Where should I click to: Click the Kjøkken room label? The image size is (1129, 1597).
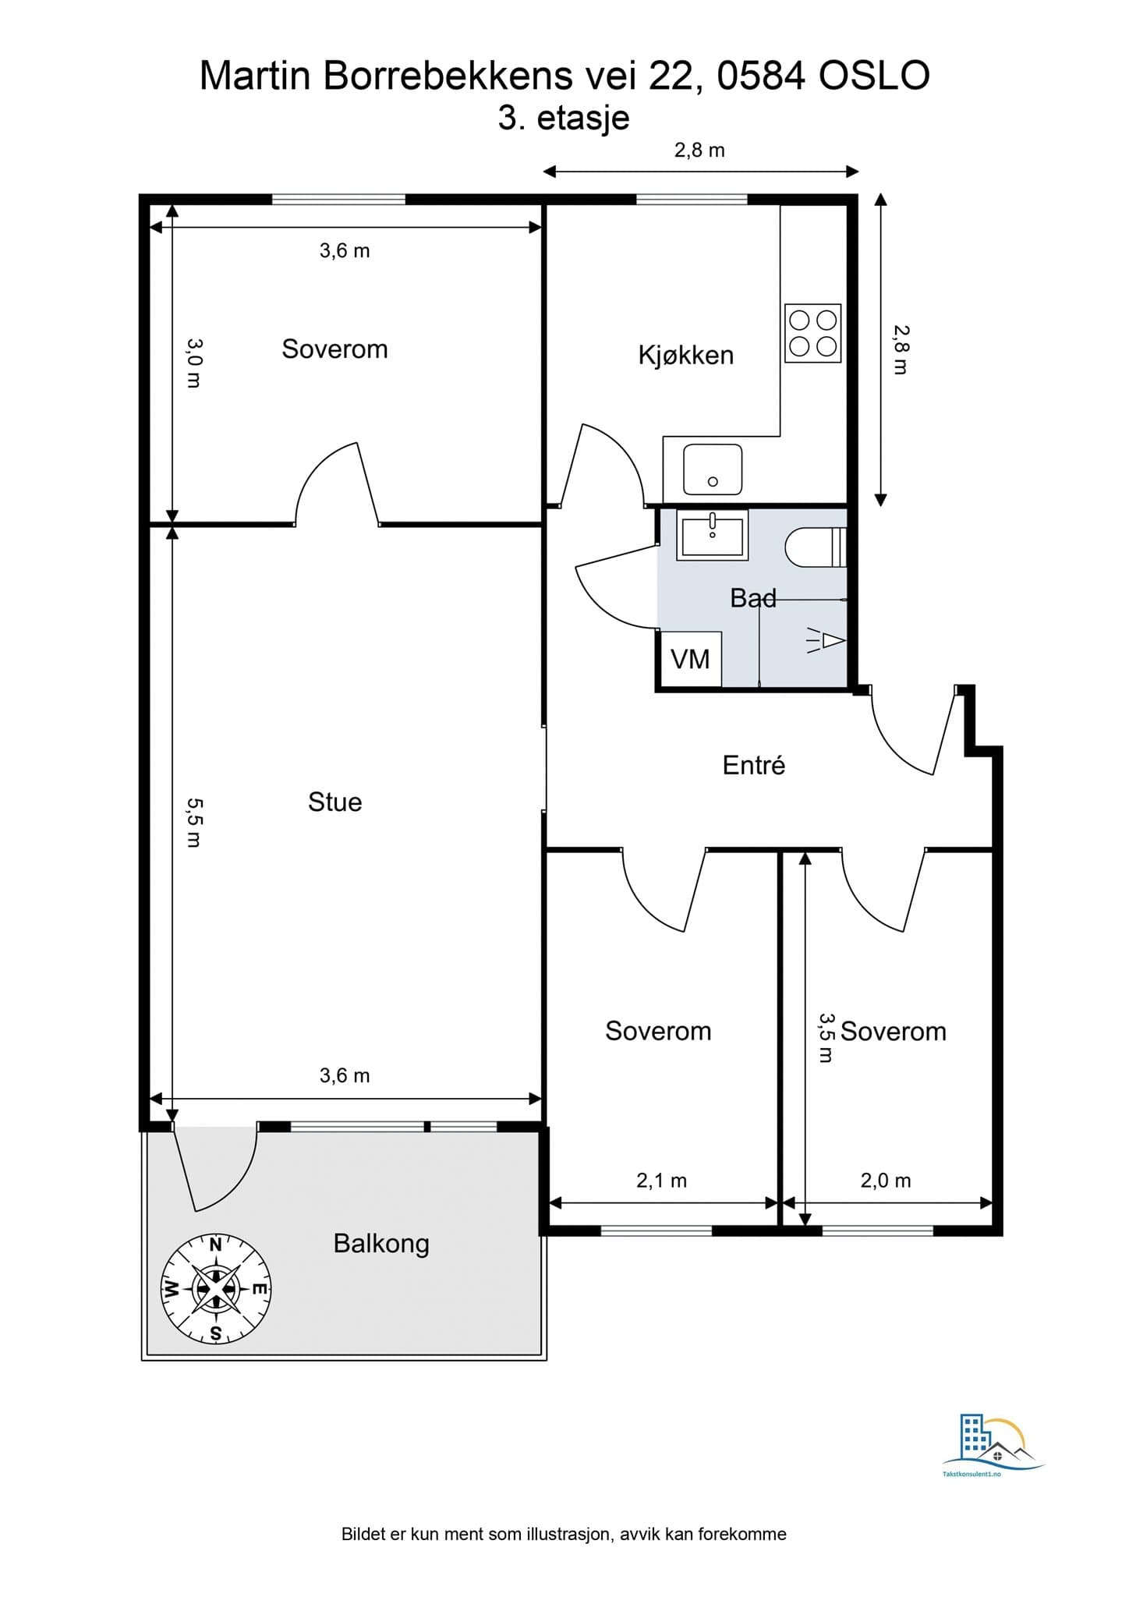[685, 356]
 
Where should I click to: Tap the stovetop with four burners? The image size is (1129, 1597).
[812, 333]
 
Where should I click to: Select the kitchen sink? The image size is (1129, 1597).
[712, 469]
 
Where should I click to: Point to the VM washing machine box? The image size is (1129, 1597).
[690, 660]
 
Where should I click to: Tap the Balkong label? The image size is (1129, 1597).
[381, 1243]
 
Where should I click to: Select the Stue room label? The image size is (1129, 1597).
[334, 802]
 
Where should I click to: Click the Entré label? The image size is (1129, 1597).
[753, 765]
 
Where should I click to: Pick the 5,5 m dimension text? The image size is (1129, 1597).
[194, 822]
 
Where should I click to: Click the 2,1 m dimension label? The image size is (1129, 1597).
[661, 1181]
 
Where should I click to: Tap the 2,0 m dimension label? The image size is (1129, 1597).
[885, 1181]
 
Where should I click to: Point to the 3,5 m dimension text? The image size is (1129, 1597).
[826, 1037]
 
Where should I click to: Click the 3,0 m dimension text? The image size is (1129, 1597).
[194, 363]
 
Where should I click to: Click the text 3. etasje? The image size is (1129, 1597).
[564, 118]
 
